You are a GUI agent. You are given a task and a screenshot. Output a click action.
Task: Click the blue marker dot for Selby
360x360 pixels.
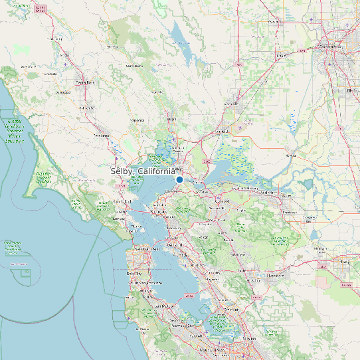(x=179, y=179)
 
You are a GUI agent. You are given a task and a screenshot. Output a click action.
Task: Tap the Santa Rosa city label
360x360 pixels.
(x=85, y=82)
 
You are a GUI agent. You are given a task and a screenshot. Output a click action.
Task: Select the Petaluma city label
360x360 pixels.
(x=100, y=134)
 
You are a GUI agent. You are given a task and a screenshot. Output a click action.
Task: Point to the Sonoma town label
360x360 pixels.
(x=137, y=120)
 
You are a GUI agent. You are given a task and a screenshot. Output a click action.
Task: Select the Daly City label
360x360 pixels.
(x=134, y=273)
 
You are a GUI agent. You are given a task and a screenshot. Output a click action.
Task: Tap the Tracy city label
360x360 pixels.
(x=343, y=262)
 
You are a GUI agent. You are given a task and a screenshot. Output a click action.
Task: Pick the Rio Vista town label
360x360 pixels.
(x=292, y=153)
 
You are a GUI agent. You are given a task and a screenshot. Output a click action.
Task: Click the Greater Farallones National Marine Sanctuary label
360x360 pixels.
(x=14, y=131)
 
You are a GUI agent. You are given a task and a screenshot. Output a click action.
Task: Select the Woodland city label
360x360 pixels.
(x=272, y=21)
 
